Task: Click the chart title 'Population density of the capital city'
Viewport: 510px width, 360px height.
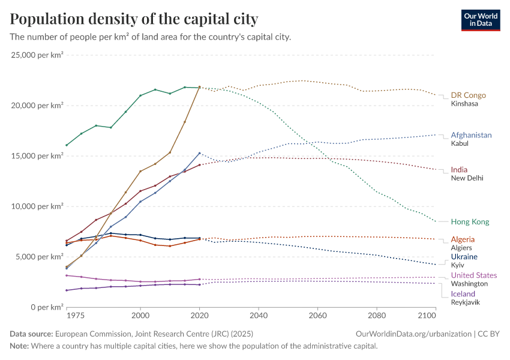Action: (134, 19)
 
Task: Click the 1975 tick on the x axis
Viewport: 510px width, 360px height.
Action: (76, 314)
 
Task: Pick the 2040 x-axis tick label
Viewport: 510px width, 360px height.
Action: (259, 314)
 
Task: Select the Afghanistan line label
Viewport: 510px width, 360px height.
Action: (471, 135)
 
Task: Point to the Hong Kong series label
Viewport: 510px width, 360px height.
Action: (470, 221)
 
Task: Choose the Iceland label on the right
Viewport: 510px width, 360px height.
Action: (463, 294)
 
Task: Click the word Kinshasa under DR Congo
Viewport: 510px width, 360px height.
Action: (464, 104)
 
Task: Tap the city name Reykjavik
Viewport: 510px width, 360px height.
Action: (465, 302)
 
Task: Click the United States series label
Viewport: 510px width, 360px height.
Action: (474, 275)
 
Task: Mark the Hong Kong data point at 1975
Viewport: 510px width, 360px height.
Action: (67, 145)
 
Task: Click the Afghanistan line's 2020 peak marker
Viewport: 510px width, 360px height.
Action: (200, 153)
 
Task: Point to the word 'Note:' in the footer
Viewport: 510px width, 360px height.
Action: (20, 346)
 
